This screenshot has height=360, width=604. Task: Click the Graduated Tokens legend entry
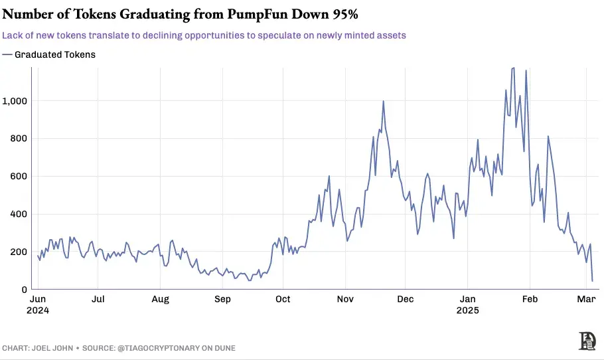(54, 54)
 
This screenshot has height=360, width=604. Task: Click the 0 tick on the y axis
(24, 290)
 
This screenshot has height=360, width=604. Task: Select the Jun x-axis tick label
(39, 300)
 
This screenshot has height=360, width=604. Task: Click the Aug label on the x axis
(160, 300)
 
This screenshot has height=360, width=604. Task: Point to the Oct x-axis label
(283, 300)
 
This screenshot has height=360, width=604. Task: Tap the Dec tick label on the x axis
(406, 300)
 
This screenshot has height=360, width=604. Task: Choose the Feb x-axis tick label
(529, 300)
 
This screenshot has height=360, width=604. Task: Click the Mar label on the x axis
(585, 300)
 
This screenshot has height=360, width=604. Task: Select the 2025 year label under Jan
(468, 310)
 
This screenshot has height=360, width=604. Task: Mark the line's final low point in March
(592, 281)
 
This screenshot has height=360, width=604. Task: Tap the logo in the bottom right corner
(587, 341)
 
